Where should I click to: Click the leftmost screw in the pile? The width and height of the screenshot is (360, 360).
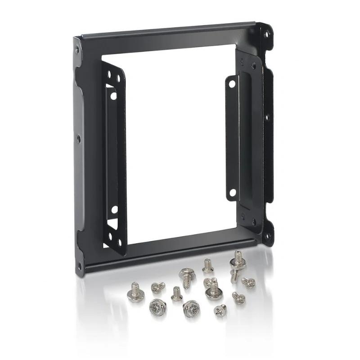pos(134,292)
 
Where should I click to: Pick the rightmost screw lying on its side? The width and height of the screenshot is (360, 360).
pos(248,283)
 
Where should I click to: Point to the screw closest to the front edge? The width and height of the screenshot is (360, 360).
pos(220,310)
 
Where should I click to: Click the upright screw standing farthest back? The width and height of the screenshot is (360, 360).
pos(207,265)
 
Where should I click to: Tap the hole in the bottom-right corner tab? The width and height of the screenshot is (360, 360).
pos(267,235)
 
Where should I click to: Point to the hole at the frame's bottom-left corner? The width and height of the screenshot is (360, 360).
pos(79,265)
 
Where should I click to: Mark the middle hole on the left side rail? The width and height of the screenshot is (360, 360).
pos(78,139)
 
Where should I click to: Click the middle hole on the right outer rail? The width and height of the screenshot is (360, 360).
pos(266,117)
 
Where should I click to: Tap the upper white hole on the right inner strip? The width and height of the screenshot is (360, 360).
pos(232,84)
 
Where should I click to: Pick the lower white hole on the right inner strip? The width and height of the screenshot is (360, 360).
pos(232,193)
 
